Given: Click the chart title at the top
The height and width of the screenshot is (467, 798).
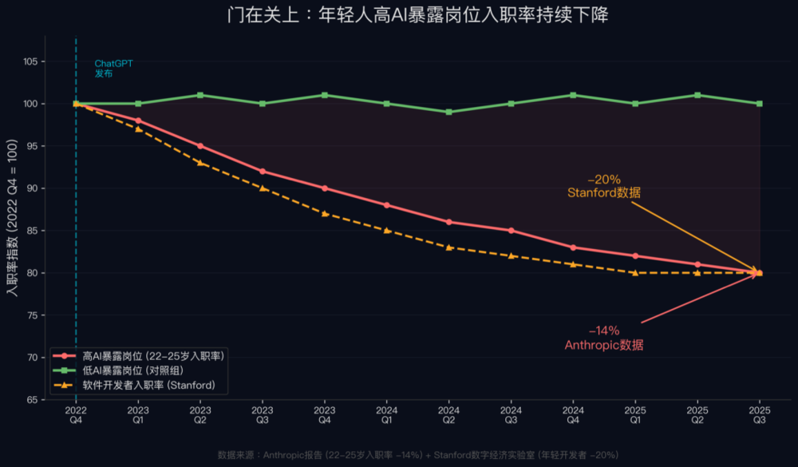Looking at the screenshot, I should point(422,16).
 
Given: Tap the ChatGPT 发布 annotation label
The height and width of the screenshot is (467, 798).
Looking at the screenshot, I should point(113,68).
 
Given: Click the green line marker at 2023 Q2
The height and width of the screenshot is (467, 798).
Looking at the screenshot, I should point(200,95).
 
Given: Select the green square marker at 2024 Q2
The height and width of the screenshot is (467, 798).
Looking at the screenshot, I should point(448,112).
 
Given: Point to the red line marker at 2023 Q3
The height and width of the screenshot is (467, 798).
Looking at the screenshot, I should point(263,171).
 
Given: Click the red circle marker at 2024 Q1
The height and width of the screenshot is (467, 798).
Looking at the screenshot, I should point(387,205).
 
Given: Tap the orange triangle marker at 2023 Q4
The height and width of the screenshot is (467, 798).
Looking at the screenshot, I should point(325,213).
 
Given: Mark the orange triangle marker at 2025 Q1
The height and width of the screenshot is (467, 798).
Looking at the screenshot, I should point(635,272).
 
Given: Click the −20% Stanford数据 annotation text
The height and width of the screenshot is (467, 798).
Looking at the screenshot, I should point(603,186).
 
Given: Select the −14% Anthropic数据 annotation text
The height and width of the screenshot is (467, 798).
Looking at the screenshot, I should point(603,338).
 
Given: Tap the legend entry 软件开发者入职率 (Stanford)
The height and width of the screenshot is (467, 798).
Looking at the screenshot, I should point(148,385).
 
